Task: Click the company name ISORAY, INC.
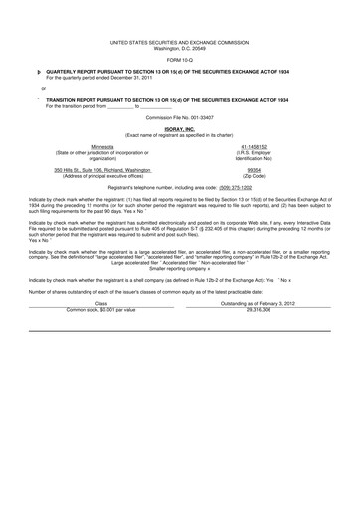point(180,129)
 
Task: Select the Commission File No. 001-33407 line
point(180,117)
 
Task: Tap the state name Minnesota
point(101,145)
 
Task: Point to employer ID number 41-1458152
point(258,145)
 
